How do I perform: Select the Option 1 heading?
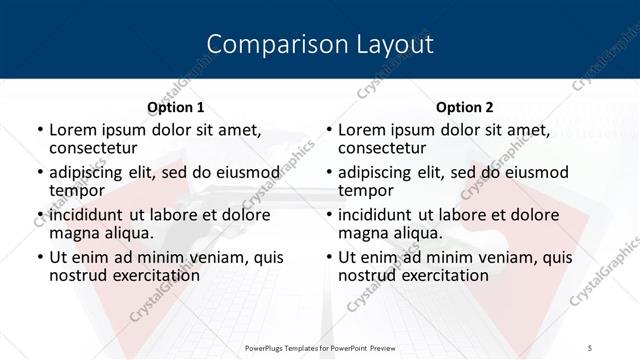point(176,107)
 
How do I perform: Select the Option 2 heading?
point(464,107)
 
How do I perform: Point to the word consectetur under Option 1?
point(94,149)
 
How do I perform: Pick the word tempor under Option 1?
point(77,190)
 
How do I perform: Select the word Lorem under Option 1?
point(72,130)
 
